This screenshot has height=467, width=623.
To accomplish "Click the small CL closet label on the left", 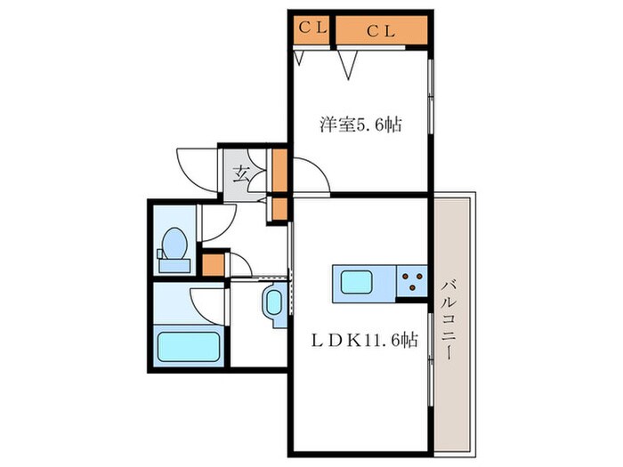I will (x=311, y=28).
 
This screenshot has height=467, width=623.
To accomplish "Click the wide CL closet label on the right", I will (x=380, y=30).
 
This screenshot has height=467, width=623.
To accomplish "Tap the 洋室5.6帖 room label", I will (x=360, y=125).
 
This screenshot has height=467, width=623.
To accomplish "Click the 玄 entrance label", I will (x=241, y=173).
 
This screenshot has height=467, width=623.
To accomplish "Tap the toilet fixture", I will (x=174, y=249).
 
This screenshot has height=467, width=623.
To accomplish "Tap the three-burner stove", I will (x=413, y=283).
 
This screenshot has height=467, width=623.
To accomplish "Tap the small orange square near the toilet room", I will (x=213, y=265).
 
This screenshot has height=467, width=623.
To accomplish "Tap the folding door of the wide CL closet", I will (x=348, y=60).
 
